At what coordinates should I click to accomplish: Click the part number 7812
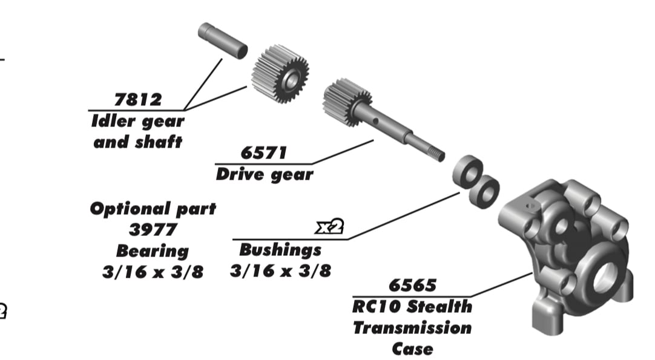(138, 100)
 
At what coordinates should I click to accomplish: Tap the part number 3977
(153, 230)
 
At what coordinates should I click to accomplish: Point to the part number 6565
(412, 285)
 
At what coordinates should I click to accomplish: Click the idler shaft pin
(223, 41)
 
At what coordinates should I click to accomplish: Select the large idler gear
(280, 73)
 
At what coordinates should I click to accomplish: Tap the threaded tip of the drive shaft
(435, 154)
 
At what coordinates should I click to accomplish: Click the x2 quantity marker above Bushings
(330, 227)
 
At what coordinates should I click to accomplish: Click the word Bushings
(280, 249)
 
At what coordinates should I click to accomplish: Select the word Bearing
(153, 250)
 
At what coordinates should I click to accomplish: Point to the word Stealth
(439, 306)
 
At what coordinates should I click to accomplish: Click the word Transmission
(412, 328)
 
